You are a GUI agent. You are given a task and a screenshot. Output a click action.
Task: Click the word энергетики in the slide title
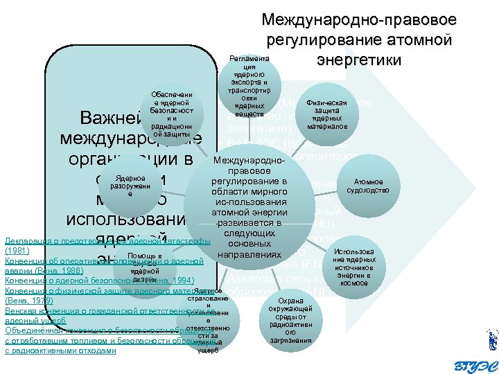(358, 60)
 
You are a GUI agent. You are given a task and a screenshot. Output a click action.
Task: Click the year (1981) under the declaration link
(16, 250)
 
